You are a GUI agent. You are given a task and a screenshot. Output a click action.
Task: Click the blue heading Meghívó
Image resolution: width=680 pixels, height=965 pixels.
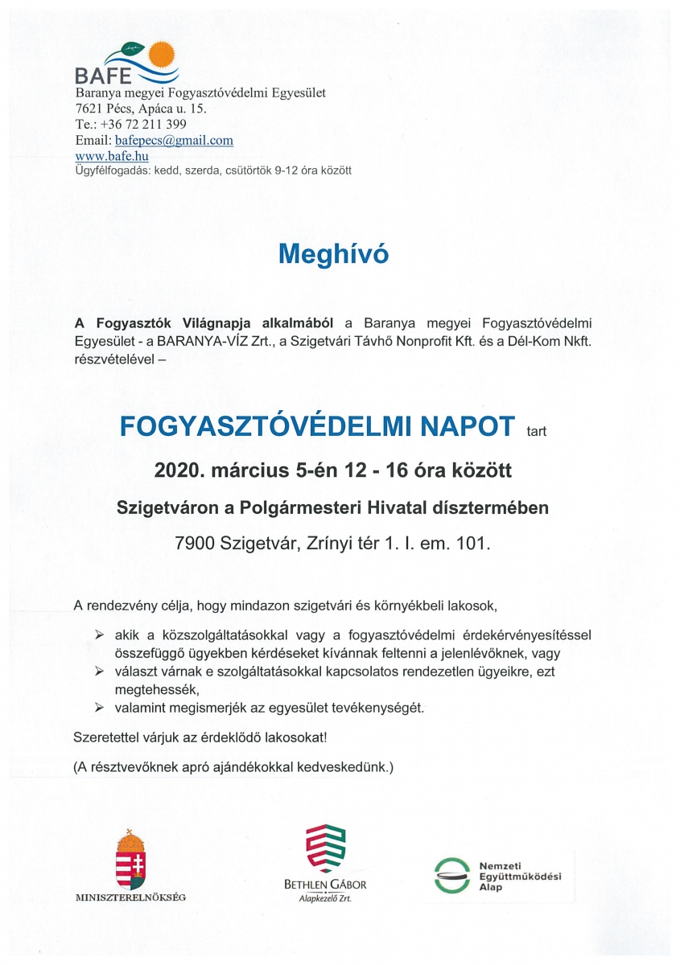click(333, 254)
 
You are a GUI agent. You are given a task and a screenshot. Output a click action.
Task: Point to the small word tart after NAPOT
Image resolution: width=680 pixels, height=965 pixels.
click(536, 431)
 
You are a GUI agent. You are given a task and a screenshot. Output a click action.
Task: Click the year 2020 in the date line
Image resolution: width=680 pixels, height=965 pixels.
click(175, 470)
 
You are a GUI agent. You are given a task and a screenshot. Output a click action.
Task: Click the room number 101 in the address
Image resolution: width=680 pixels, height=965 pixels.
click(471, 544)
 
